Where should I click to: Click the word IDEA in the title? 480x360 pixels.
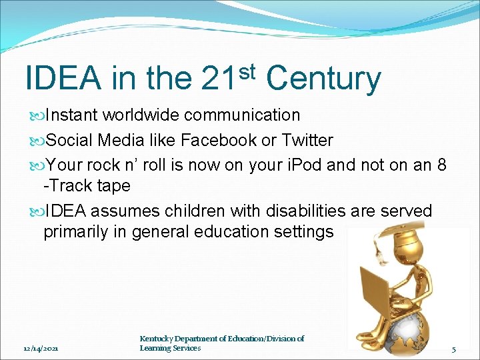pos(63,79)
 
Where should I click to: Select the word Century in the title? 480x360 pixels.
pos(323,79)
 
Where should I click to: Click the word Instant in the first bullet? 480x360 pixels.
pos(71,115)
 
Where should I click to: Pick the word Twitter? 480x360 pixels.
pos(307,140)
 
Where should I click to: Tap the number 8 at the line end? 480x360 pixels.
pos(441,165)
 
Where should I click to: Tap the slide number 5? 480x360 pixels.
pos(453,349)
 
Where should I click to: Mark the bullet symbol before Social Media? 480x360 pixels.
pos(37,141)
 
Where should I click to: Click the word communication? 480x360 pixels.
pos(242,115)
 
